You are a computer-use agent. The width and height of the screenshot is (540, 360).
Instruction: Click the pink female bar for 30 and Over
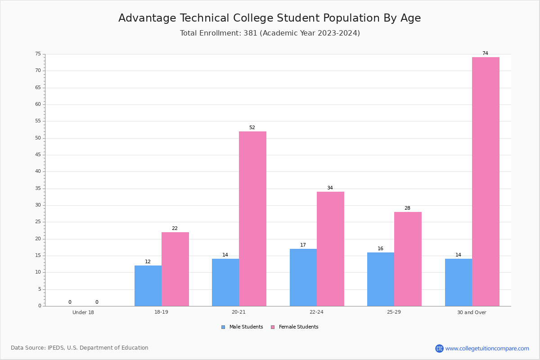(486, 181)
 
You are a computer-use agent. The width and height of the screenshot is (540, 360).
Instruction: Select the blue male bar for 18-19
(148, 286)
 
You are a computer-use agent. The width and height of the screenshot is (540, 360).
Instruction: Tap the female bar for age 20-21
(252, 219)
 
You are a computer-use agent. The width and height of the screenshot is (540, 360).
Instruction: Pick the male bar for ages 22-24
(303, 278)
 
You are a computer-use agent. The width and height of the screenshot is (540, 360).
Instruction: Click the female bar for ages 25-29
(408, 259)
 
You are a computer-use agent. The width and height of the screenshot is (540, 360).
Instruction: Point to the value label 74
(485, 53)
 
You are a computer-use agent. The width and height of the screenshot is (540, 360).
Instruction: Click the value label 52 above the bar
(252, 127)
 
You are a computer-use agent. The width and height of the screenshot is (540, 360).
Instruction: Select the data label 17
(303, 245)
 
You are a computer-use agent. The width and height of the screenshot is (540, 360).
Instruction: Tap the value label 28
(407, 208)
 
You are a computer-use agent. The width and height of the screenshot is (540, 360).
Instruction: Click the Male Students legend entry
(242, 327)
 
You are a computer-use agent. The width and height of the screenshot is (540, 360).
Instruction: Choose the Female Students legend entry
(295, 327)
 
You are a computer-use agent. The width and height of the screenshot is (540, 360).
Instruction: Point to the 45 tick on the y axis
(38, 154)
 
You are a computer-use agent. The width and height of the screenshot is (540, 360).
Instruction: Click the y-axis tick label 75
(38, 54)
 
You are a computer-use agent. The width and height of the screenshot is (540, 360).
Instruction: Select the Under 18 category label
(83, 312)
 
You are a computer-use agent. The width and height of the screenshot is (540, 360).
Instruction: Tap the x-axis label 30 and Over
(472, 312)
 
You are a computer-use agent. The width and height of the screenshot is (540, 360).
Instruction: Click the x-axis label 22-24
(316, 312)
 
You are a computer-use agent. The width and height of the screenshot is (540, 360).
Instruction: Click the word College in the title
(253, 18)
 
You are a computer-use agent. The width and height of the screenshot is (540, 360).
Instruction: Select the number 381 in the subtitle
(251, 33)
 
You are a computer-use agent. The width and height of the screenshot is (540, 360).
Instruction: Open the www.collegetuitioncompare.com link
(487, 348)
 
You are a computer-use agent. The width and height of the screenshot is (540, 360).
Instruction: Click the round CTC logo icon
(439, 348)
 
